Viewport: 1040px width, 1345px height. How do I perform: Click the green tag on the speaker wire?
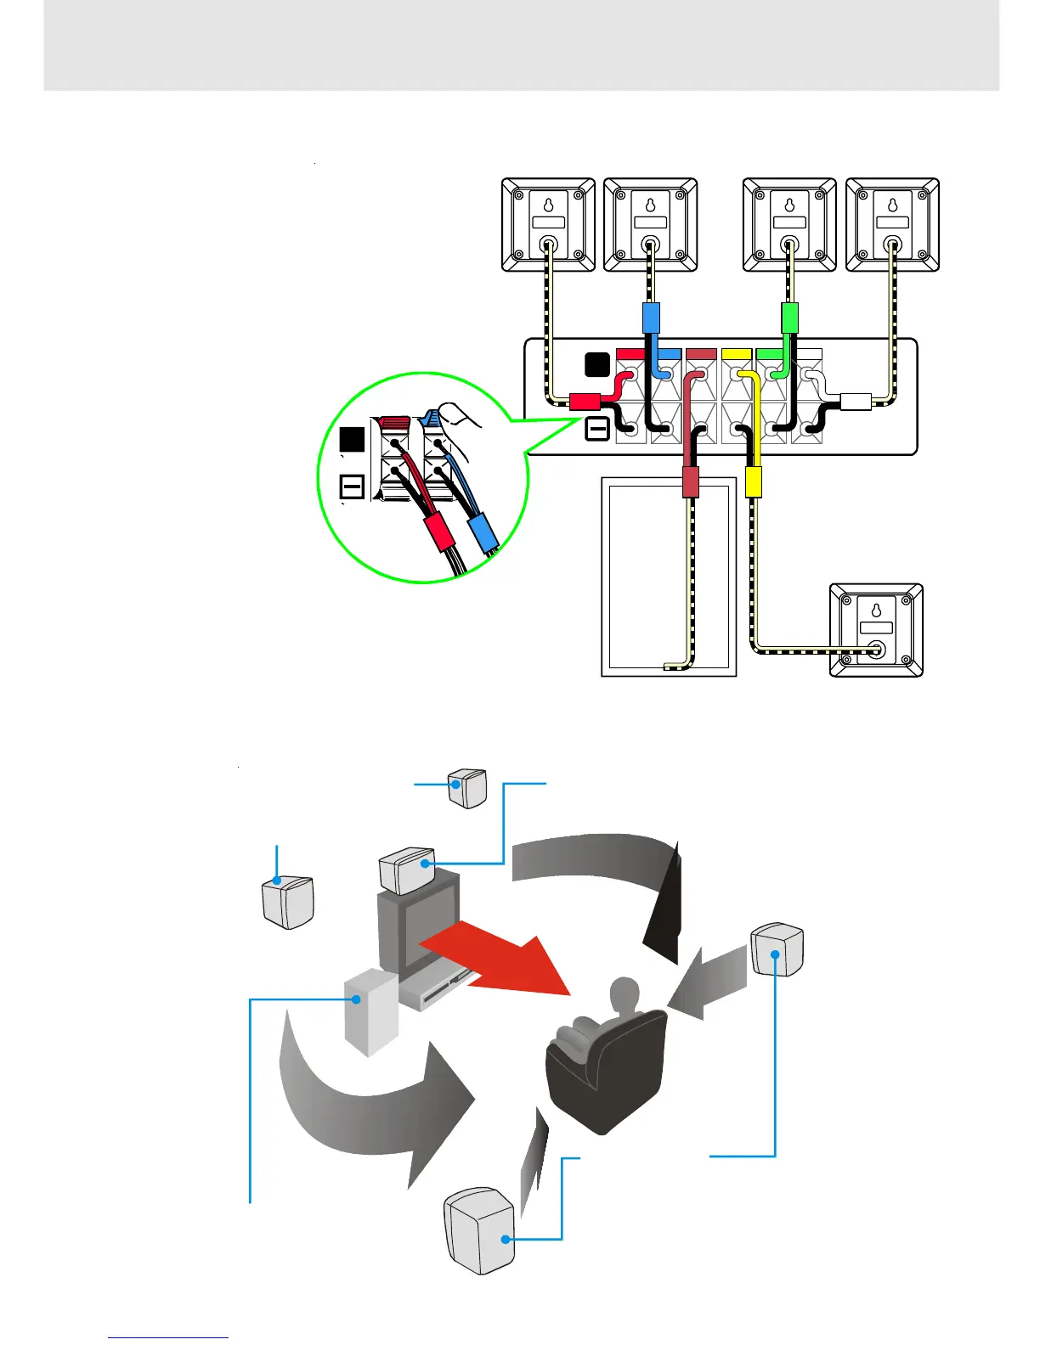pyautogui.click(x=789, y=318)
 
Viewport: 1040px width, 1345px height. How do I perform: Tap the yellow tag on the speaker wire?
pyautogui.click(x=753, y=481)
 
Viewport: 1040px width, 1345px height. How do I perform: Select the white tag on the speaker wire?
pyautogui.click(x=856, y=402)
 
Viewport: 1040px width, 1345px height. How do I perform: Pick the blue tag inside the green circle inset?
pyautogui.click(x=483, y=532)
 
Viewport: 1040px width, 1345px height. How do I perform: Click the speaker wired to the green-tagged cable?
pyautogui.click(x=789, y=225)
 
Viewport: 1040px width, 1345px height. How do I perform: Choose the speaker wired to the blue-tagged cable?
pyautogui.click(x=650, y=225)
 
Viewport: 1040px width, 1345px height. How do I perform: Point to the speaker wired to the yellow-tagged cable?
pyautogui.click(x=876, y=630)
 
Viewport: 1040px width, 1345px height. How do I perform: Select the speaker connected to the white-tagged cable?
pyautogui.click(x=892, y=225)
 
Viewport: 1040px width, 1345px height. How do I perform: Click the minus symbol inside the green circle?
pyautogui.click(x=352, y=487)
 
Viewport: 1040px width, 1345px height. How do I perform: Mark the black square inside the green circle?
pyautogui.click(x=352, y=439)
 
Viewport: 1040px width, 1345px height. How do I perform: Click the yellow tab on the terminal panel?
pyautogui.click(x=736, y=352)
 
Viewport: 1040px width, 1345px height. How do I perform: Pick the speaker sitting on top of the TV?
pyautogui.click(x=407, y=870)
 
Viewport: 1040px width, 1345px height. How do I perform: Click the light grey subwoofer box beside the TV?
pyautogui.click(x=370, y=1010)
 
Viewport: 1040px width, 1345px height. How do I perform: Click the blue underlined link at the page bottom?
pyautogui.click(x=168, y=1337)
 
